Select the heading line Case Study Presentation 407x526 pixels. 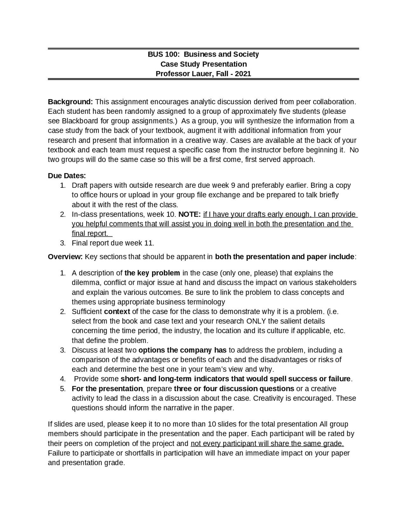[x=203, y=64]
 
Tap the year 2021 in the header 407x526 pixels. [x=243, y=74]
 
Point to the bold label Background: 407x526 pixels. [x=70, y=102]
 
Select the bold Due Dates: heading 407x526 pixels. [x=67, y=176]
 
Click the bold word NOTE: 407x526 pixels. [x=190, y=214]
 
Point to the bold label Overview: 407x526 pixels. [x=65, y=257]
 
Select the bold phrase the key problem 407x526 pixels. [x=152, y=273]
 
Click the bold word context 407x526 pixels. [x=117, y=312]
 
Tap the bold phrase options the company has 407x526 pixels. [x=183, y=350]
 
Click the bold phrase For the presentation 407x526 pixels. [x=107, y=389]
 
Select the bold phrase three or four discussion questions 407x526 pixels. [x=234, y=389]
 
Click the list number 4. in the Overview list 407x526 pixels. [x=63, y=379]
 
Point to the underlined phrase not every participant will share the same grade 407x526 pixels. [x=267, y=443]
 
